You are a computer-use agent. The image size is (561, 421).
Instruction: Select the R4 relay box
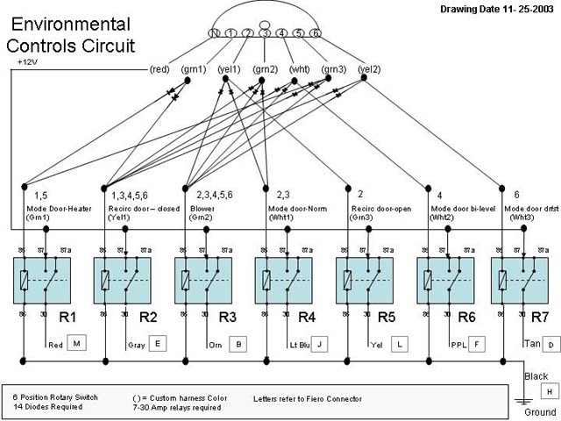point(281,280)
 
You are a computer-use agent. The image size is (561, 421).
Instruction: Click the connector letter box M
point(76,344)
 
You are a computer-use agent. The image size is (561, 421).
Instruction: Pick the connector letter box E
point(158,344)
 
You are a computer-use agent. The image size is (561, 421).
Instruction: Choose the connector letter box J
point(319,344)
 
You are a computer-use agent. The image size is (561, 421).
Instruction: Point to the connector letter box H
point(550,392)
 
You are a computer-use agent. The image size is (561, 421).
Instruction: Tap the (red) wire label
point(160,69)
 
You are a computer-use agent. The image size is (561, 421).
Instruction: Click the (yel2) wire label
point(369,69)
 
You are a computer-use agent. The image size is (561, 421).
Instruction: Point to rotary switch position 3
point(264,33)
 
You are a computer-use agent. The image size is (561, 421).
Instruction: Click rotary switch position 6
point(316,33)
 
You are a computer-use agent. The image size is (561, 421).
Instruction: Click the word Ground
point(540,412)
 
